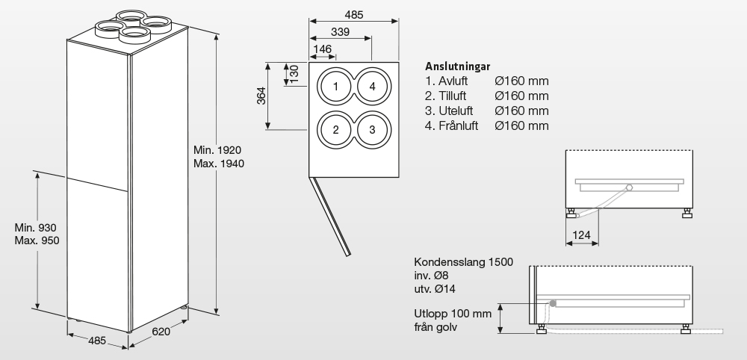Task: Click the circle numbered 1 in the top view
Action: tap(336, 87)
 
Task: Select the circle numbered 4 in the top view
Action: tap(372, 87)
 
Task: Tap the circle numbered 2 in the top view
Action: tap(336, 130)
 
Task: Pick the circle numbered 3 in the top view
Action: tap(372, 130)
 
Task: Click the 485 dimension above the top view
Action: tap(355, 15)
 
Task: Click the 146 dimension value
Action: tap(323, 49)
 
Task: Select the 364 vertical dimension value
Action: tap(261, 97)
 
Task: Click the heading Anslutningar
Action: tap(457, 66)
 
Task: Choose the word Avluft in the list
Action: tap(452, 81)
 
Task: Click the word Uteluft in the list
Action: tap(453, 111)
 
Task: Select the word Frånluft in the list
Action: tap(456, 125)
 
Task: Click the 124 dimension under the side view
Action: tap(582, 236)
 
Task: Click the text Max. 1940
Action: tap(219, 164)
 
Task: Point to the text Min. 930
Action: tap(36, 228)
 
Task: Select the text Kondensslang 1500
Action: tap(463, 263)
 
